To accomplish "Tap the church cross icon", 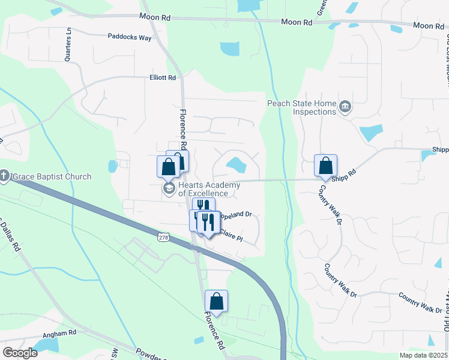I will [x=4, y=176].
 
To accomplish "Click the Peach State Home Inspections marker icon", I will [x=345, y=107].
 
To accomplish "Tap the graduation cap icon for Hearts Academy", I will [x=169, y=190].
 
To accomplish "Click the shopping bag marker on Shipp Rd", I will [x=325, y=165].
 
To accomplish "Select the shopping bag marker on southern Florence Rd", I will [x=216, y=301].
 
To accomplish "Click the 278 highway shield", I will [x=164, y=238].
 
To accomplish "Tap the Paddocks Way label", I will [x=130, y=37].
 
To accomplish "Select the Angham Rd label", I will [x=59, y=332].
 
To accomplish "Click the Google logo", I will [x=20, y=352].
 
